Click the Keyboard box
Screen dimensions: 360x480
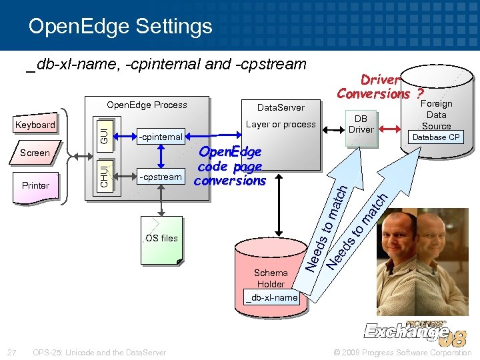35,125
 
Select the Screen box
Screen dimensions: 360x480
35,153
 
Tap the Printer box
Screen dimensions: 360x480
35,185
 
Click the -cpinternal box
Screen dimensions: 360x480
160,137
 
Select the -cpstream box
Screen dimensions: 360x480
160,177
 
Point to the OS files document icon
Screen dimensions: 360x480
161,239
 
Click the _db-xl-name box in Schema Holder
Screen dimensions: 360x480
271,297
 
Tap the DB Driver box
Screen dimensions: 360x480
361,124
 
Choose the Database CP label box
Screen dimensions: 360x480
435,137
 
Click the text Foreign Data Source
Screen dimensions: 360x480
436,115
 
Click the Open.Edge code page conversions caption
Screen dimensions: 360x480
230,167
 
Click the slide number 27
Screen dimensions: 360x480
11,352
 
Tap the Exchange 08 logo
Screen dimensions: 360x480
413,330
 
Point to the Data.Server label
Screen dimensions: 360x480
281,107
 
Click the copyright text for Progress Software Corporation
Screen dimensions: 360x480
403,352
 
